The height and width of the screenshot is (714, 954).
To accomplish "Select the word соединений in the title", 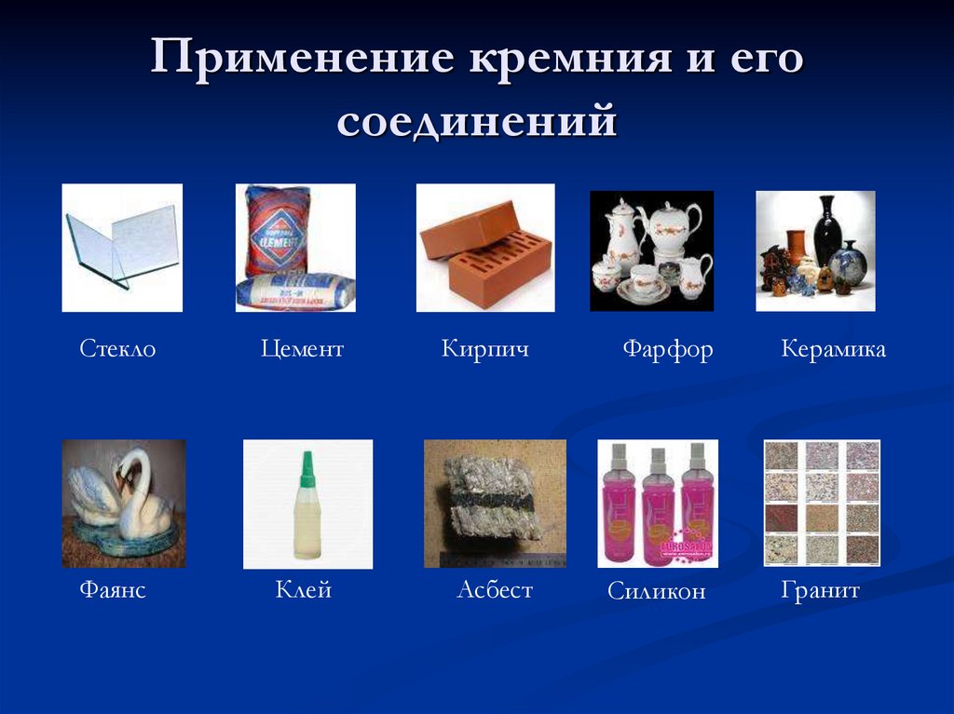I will coord(477,121).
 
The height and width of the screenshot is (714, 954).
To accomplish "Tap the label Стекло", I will coord(117,350).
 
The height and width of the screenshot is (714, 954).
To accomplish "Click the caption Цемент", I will coord(302,350).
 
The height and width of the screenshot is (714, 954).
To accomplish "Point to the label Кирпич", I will coord(484,350).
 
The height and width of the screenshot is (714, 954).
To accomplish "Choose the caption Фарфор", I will coord(667,350).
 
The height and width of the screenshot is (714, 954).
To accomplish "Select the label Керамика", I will coord(833,350).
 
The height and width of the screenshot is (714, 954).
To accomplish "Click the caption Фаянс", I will coord(113,590).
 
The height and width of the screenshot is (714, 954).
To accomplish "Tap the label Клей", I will coord(304,590).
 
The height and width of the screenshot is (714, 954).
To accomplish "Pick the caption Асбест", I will coord(494,590).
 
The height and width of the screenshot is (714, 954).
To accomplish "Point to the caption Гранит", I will coord(820,590).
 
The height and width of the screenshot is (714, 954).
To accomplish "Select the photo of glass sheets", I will coord(122,248).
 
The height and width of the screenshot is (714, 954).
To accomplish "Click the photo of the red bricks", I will coord(484,248).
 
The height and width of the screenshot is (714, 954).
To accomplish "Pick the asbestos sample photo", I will coord(495,504).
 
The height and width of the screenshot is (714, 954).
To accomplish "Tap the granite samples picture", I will coord(822,504).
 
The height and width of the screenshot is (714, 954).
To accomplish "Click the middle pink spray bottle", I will coord(657,507).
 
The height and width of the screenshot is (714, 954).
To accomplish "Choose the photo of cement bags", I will coord(295,248).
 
